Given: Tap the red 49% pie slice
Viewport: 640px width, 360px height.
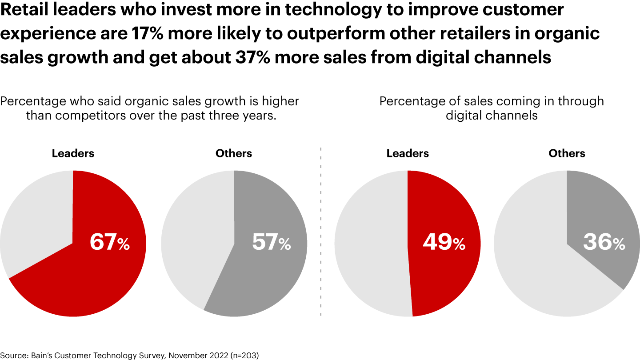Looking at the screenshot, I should (444, 276).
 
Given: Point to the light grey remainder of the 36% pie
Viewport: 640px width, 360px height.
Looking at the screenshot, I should (542, 267).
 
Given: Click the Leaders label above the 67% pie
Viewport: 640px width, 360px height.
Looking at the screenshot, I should (73, 154).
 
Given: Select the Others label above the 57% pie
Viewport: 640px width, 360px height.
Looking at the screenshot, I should (234, 154).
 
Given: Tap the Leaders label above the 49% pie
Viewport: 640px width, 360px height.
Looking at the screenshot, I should (408, 154).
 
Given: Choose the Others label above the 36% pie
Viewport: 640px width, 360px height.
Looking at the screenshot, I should (567, 154).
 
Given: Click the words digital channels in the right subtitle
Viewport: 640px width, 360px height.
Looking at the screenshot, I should (492, 116).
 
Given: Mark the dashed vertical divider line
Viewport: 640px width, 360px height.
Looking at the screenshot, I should (321, 231).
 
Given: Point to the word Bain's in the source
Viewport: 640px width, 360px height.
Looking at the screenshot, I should (40, 355).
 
